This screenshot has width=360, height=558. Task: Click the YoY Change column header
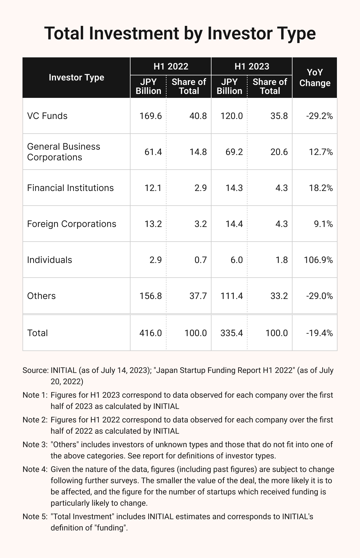(315, 78)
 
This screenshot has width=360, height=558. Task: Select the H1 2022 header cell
(171, 66)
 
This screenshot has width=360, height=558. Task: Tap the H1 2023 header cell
(252, 66)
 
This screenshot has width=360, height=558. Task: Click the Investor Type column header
(76, 78)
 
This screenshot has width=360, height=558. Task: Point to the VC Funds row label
(47, 116)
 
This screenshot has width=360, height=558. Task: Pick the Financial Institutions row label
(70, 188)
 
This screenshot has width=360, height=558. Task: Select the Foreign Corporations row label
(71, 224)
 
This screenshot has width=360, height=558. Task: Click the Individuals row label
(49, 260)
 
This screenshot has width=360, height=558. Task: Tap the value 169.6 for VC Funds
(151, 116)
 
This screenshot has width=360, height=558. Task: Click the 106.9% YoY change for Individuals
(318, 260)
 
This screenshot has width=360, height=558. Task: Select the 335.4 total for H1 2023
(232, 333)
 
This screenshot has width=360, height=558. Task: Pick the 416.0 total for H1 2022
(151, 333)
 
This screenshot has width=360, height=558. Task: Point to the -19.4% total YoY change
(319, 333)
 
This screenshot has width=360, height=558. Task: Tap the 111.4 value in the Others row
(232, 296)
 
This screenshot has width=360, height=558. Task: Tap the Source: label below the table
(35, 370)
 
